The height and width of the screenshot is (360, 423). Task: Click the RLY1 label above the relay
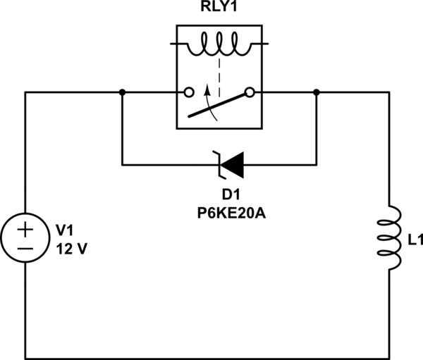pyautogui.click(x=218, y=10)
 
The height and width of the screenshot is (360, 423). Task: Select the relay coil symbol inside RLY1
pyautogui.click(x=218, y=48)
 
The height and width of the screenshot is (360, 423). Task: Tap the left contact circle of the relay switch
pyautogui.click(x=188, y=92)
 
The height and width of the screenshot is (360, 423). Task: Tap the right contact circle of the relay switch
pyautogui.click(x=249, y=92)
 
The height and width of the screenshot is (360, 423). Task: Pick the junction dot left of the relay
pyautogui.click(x=123, y=92)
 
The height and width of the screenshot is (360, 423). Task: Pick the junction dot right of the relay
pyautogui.click(x=316, y=92)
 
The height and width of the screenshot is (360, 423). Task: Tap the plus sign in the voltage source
pyautogui.click(x=25, y=230)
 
